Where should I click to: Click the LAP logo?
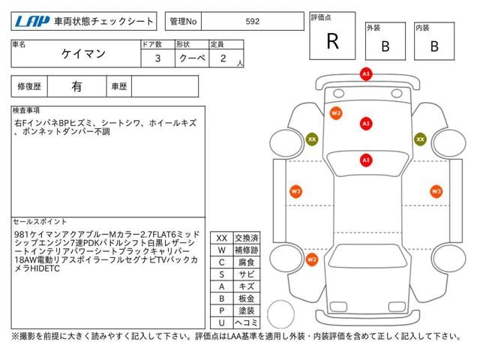(29, 22)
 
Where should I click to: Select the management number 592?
(253, 22)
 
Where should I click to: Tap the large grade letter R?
(332, 42)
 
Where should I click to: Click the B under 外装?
(385, 46)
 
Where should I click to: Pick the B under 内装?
(434, 46)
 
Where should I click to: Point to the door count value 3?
(157, 58)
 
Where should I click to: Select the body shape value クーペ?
(190, 58)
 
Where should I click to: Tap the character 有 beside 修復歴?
(77, 86)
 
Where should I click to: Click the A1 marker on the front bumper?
(366, 74)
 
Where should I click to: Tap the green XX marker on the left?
(311, 139)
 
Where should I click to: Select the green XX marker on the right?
(420, 139)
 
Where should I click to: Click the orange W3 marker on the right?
(435, 191)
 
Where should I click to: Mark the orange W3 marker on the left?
(295, 191)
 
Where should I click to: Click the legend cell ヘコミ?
(247, 322)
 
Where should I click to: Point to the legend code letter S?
(221, 274)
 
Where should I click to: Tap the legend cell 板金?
(247, 298)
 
